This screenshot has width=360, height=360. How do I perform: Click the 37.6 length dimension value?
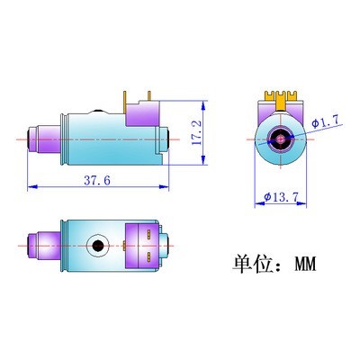97,180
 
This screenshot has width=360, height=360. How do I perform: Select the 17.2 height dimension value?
196,133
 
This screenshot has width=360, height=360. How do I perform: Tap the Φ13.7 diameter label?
281,197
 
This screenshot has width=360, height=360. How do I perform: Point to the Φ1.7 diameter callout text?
327,121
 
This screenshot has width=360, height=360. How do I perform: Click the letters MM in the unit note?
305,264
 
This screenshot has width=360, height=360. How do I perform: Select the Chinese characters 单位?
252,264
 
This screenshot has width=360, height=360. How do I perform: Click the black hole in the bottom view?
98,246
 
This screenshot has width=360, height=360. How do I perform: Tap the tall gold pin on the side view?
125,103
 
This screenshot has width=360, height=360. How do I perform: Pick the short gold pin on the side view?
148,95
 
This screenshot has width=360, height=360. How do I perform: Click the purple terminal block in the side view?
142,113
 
